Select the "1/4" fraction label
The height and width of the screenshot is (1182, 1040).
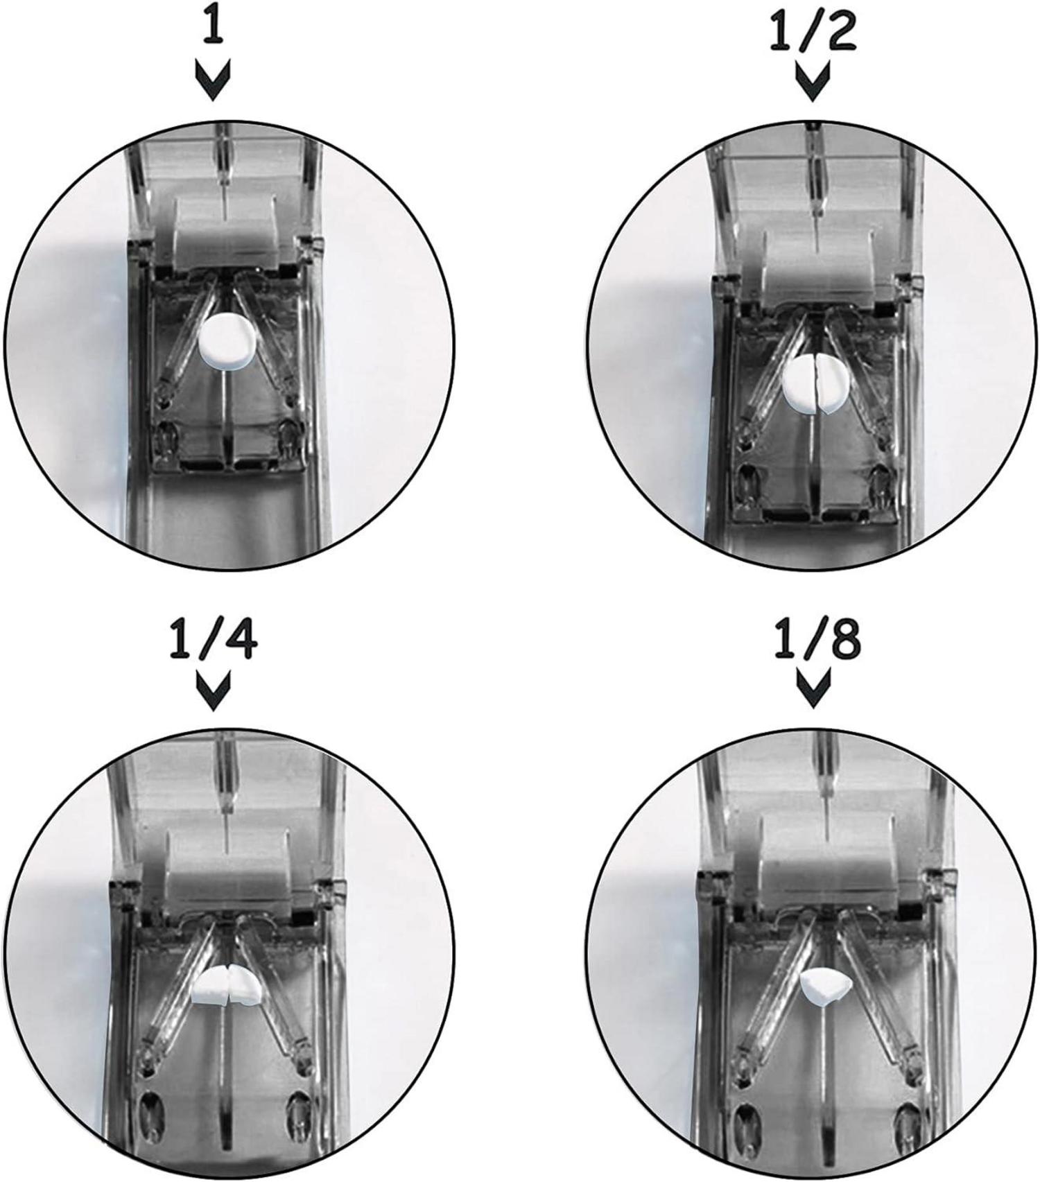(213, 643)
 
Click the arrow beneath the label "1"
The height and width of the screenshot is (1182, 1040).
(214, 82)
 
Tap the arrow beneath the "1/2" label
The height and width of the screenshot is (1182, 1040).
(812, 83)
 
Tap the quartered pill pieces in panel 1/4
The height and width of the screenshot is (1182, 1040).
(226, 984)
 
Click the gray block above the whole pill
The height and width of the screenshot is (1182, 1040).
(226, 234)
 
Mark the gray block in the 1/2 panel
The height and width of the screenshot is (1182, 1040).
(816, 262)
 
